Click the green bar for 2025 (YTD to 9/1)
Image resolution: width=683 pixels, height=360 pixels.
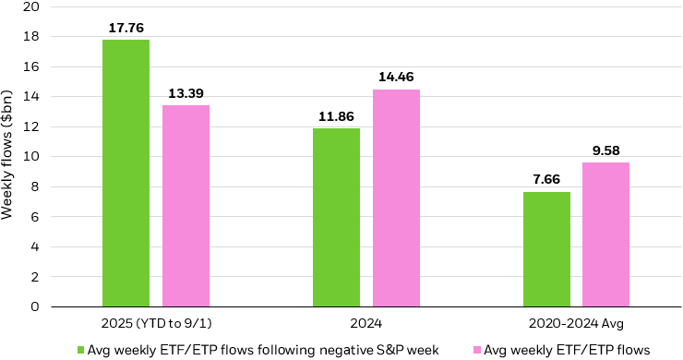pyautogui.click(x=126, y=173)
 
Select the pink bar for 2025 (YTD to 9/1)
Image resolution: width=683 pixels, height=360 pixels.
pyautogui.click(x=186, y=205)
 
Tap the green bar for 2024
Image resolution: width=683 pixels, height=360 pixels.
pyautogui.click(x=336, y=217)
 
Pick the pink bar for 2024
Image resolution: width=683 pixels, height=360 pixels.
pyautogui.click(x=396, y=198)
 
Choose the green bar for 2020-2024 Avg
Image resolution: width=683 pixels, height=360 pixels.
pyautogui.click(x=546, y=248)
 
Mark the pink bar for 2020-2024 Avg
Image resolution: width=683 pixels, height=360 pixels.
pyautogui.click(x=606, y=234)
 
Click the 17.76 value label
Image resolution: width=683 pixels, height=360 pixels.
pyautogui.click(x=126, y=28)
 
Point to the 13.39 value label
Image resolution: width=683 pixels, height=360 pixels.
pyautogui.click(x=186, y=93)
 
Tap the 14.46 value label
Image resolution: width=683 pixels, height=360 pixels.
pyautogui.click(x=396, y=78)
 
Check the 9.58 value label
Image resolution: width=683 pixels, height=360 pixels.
pyautogui.click(x=606, y=150)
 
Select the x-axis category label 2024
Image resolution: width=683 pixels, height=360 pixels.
pyautogui.click(x=366, y=323)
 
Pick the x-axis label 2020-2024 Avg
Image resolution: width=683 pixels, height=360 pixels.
pyautogui.click(x=577, y=323)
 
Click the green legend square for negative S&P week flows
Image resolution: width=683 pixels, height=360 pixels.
pyautogui.click(x=80, y=349)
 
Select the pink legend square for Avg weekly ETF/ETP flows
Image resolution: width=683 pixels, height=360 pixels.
pyautogui.click(x=477, y=349)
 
